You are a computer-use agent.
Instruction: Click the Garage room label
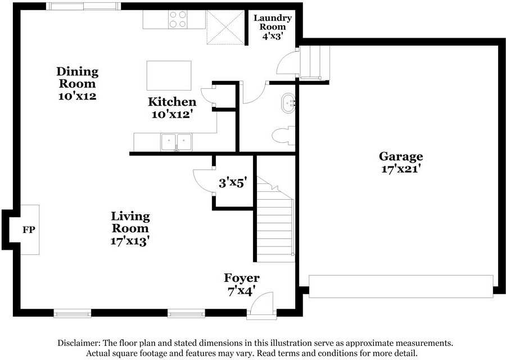point(400,156)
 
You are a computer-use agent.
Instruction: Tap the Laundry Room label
point(272,22)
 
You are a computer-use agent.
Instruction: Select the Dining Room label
point(77,78)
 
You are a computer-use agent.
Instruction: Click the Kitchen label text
point(172,102)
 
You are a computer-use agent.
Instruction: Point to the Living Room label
point(130,222)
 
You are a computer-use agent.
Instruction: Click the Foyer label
point(242,278)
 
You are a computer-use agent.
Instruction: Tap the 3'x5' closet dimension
point(233,182)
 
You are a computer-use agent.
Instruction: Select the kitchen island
point(169,75)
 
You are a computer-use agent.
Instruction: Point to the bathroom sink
point(288,103)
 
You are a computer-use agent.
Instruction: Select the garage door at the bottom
point(401,286)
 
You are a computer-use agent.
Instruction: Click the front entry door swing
point(261,304)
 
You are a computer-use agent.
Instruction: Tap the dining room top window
point(83,6)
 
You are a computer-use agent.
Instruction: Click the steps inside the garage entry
point(314,62)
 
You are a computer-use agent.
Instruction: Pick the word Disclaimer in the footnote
point(79,343)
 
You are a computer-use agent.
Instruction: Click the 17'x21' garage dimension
point(400,168)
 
